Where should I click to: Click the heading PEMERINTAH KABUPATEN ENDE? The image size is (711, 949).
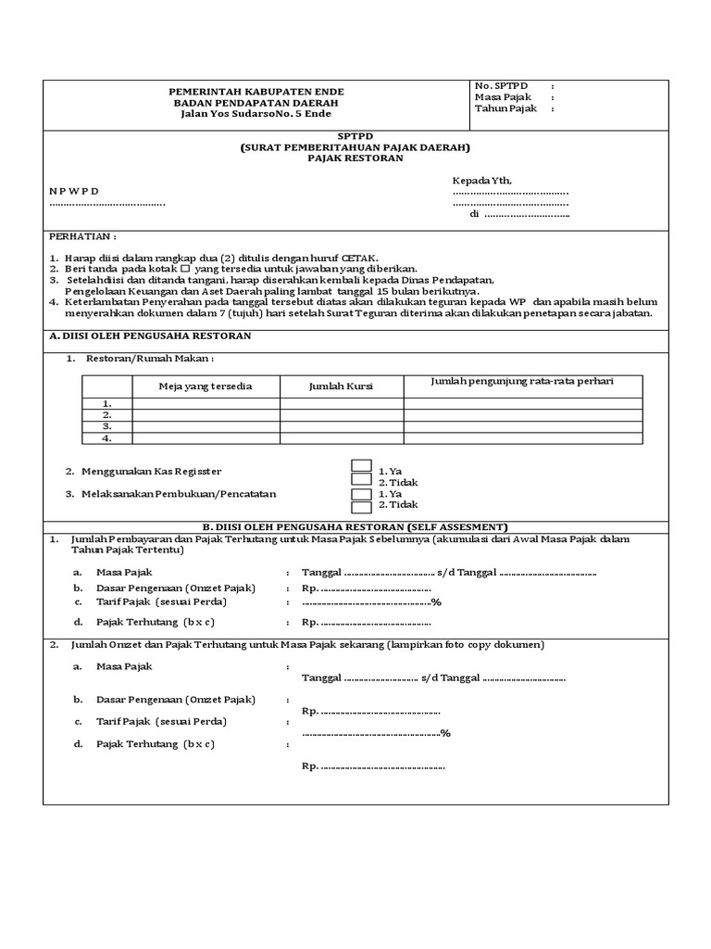[x=256, y=92]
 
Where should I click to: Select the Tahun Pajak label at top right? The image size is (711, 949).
[x=505, y=108]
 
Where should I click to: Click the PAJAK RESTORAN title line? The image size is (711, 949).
[x=355, y=158]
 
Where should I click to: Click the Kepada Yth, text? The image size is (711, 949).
[x=480, y=180]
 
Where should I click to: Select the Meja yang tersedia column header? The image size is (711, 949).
[x=206, y=386]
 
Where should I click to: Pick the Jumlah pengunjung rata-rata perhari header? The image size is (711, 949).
[x=523, y=381]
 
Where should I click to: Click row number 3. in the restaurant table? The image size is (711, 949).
[x=106, y=426]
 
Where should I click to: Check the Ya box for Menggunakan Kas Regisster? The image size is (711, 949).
[x=362, y=465]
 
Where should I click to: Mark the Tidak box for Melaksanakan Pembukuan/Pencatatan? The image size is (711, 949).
[x=362, y=505]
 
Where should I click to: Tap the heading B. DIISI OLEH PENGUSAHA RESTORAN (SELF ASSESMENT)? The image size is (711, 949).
[x=355, y=526]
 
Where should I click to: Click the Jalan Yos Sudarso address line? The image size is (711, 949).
[x=256, y=114]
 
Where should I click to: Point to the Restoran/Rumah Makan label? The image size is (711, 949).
[x=150, y=358]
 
